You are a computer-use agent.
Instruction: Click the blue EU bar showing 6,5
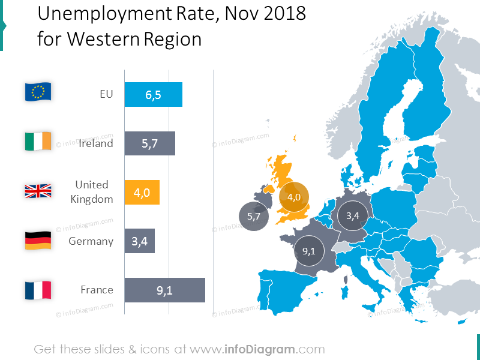click(x=153, y=95)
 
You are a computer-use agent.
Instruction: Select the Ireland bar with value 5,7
click(x=149, y=143)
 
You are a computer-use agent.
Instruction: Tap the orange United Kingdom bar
click(x=142, y=193)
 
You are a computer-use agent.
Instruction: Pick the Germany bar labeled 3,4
click(x=139, y=241)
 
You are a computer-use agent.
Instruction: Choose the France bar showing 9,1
click(x=164, y=290)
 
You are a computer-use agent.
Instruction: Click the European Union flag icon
click(x=38, y=92)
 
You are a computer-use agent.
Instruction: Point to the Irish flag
click(x=38, y=141)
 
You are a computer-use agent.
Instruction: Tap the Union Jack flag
click(x=38, y=191)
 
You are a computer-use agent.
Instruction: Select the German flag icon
click(x=38, y=240)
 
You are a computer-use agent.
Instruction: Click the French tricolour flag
click(x=38, y=290)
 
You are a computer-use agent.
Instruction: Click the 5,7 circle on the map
click(x=254, y=217)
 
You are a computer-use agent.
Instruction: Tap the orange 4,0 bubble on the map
click(x=294, y=197)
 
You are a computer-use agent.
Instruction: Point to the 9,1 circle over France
click(x=309, y=251)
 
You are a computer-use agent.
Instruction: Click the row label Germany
click(x=91, y=241)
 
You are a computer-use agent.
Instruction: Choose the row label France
click(x=97, y=290)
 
